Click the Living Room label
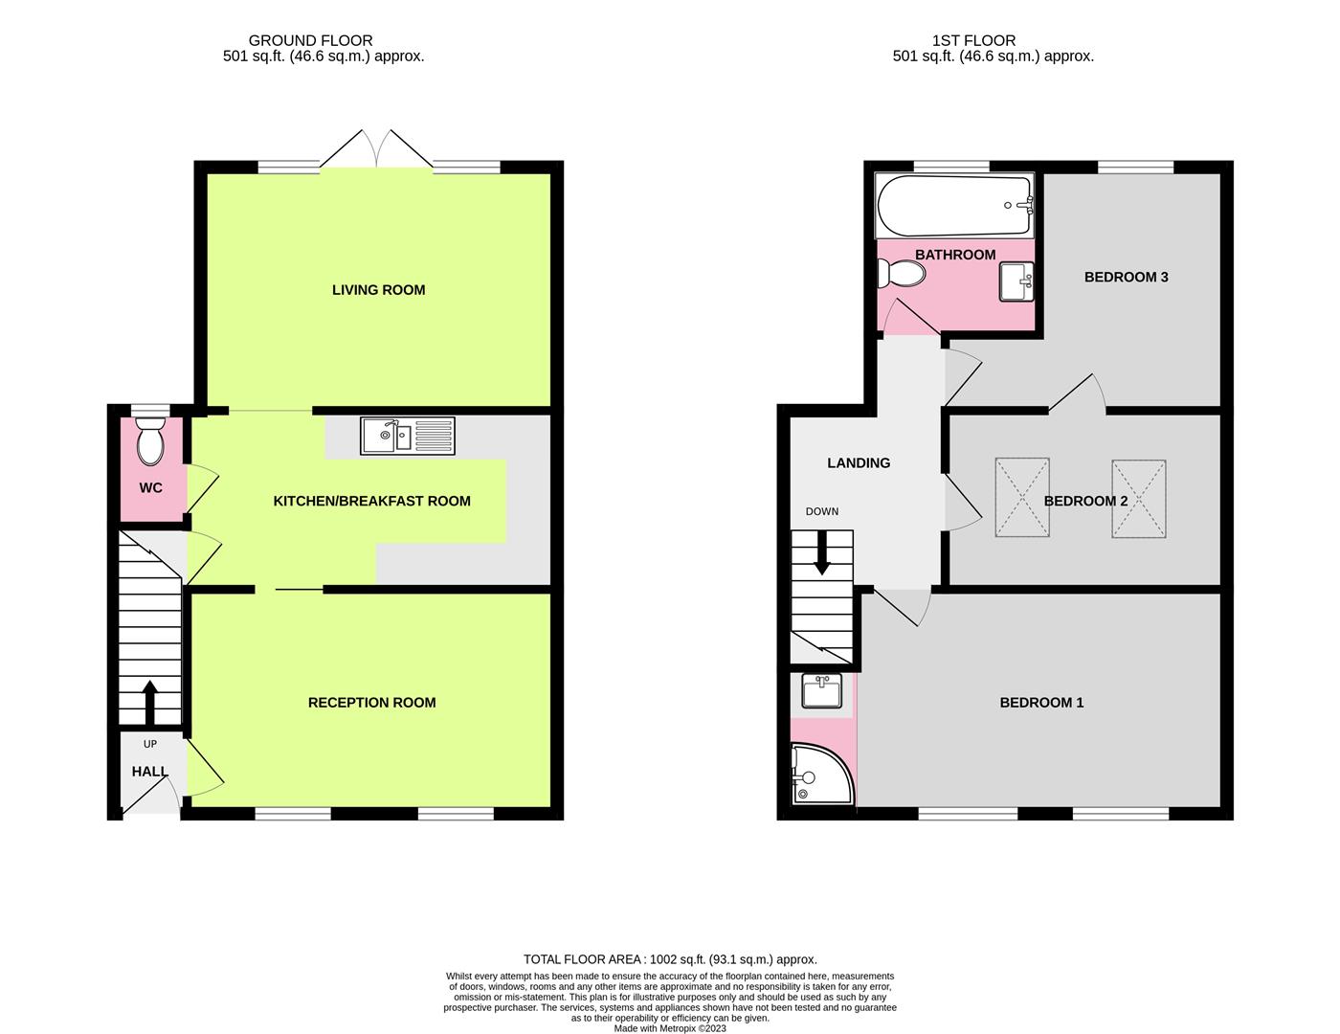(x=378, y=290)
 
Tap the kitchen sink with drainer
(x=408, y=436)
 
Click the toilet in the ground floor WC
(x=150, y=443)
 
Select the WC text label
(x=150, y=487)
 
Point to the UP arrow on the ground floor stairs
(x=149, y=703)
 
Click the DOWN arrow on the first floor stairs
(x=821, y=555)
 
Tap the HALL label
(x=149, y=772)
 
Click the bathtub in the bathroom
(x=955, y=206)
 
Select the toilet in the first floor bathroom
(x=902, y=275)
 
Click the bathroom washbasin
(x=1016, y=282)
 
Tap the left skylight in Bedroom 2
(x=1022, y=498)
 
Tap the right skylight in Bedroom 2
(x=1139, y=498)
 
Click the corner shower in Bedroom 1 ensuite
(x=820, y=775)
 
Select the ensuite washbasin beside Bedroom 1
(x=821, y=691)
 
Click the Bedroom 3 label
(x=1126, y=278)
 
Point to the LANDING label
(x=859, y=463)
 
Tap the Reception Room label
(x=371, y=703)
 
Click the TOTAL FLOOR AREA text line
(x=670, y=958)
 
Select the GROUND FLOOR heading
(x=310, y=40)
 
